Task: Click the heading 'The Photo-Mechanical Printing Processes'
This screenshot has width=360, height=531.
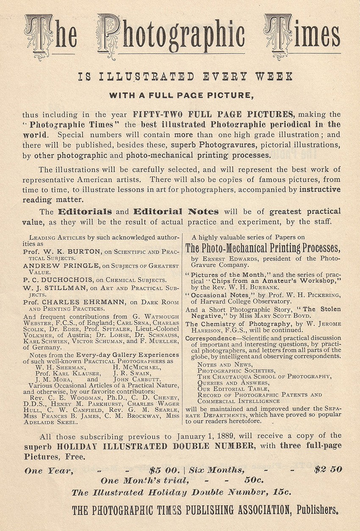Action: pos(263,247)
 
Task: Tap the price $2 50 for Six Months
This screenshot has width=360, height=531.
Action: pos(328,470)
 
